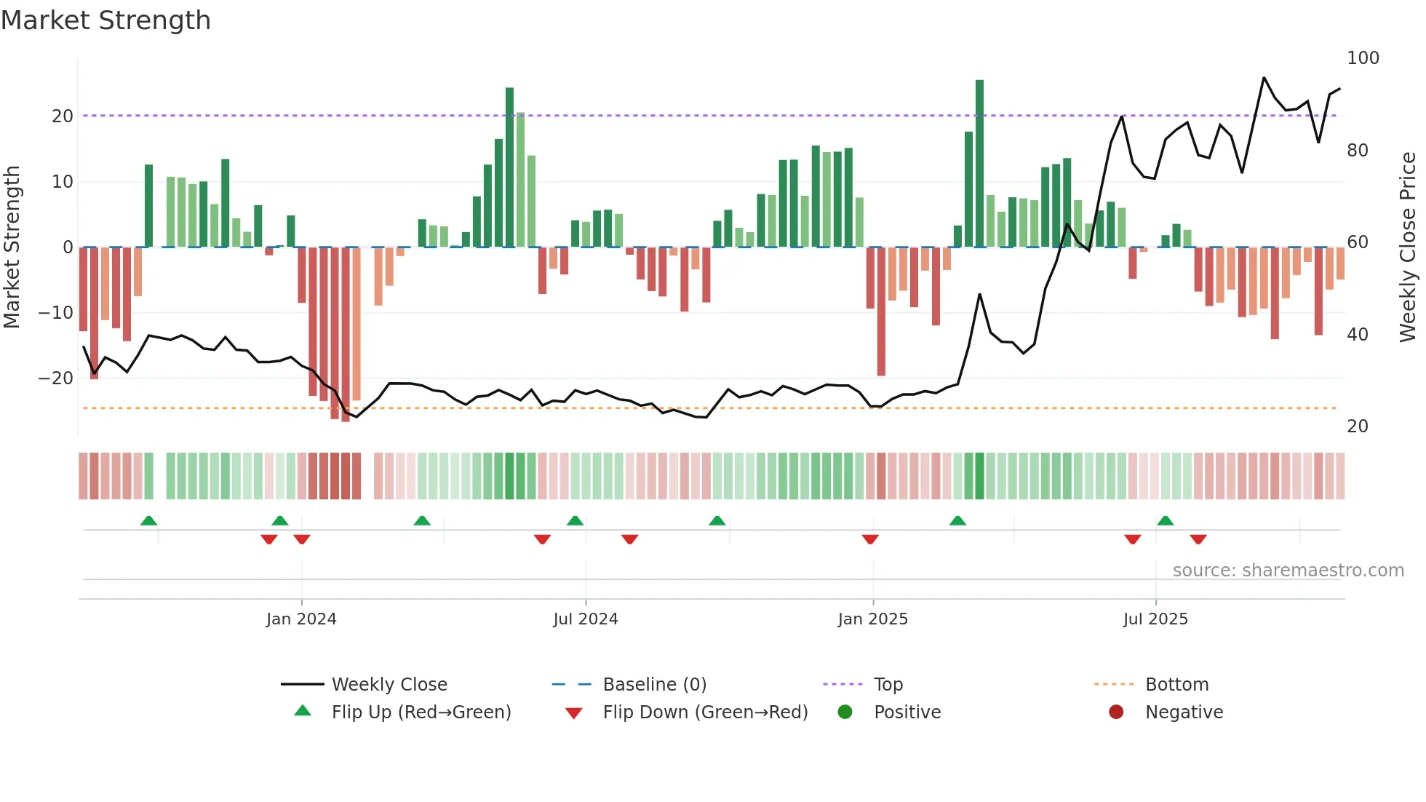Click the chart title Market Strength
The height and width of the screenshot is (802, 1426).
point(105,20)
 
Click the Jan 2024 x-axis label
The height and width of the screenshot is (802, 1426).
point(301,619)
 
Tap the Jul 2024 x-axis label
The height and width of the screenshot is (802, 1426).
point(586,619)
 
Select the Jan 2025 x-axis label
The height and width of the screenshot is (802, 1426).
point(872,619)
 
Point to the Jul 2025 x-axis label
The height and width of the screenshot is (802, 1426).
point(1155,619)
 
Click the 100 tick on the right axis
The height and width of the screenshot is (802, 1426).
point(1363,58)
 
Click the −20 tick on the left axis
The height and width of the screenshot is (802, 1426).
point(56,378)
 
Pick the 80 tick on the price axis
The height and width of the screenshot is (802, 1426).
point(1358,151)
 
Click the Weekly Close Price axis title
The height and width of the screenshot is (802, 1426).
point(1408,247)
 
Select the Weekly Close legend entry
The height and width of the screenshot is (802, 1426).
point(389,685)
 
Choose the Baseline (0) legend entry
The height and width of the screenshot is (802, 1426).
point(654,685)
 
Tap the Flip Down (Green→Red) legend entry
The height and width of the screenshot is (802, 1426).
point(705,712)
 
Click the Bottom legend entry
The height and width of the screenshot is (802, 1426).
point(1176,685)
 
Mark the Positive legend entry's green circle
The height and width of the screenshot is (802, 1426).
point(845,712)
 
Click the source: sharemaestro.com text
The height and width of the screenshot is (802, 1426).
point(1288,571)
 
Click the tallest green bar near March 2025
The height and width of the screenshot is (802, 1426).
point(979,164)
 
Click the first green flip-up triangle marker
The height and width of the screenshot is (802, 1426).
point(148,520)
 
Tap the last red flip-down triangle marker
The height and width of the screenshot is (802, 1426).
point(1198,539)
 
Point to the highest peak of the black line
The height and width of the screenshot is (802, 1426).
point(1264,78)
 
